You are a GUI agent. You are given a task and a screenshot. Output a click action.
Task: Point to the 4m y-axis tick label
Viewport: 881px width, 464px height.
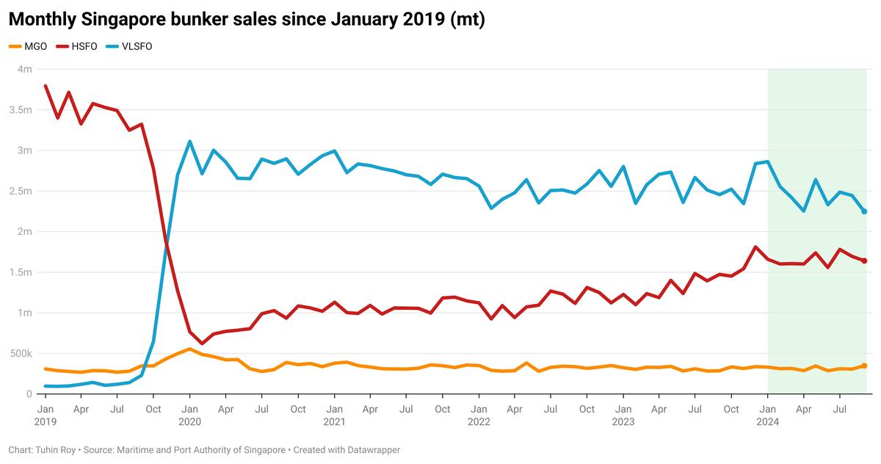point(24,70)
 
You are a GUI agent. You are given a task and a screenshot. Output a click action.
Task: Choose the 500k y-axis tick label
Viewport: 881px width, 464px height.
point(21,354)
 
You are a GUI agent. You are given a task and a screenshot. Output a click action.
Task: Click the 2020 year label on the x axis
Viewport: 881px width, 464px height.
point(189,421)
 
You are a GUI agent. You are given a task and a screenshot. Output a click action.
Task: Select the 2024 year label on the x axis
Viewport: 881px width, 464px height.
point(768,421)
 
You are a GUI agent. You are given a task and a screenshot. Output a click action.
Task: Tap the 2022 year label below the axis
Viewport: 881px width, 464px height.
point(479,421)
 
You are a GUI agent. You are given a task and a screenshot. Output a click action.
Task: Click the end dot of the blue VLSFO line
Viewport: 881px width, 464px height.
point(864,211)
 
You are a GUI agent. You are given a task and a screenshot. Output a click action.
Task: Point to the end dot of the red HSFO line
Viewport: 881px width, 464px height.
point(864,261)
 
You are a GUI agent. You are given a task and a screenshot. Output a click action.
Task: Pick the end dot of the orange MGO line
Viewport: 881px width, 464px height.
point(864,366)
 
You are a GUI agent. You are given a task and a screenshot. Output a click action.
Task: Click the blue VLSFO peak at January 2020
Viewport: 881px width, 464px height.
point(189,142)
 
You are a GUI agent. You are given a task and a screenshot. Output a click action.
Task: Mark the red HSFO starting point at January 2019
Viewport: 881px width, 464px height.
point(46,86)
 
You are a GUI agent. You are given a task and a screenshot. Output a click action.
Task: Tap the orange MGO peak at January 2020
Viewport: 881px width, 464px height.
point(189,349)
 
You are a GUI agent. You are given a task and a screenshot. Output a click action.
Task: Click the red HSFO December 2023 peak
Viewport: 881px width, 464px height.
point(755,247)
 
